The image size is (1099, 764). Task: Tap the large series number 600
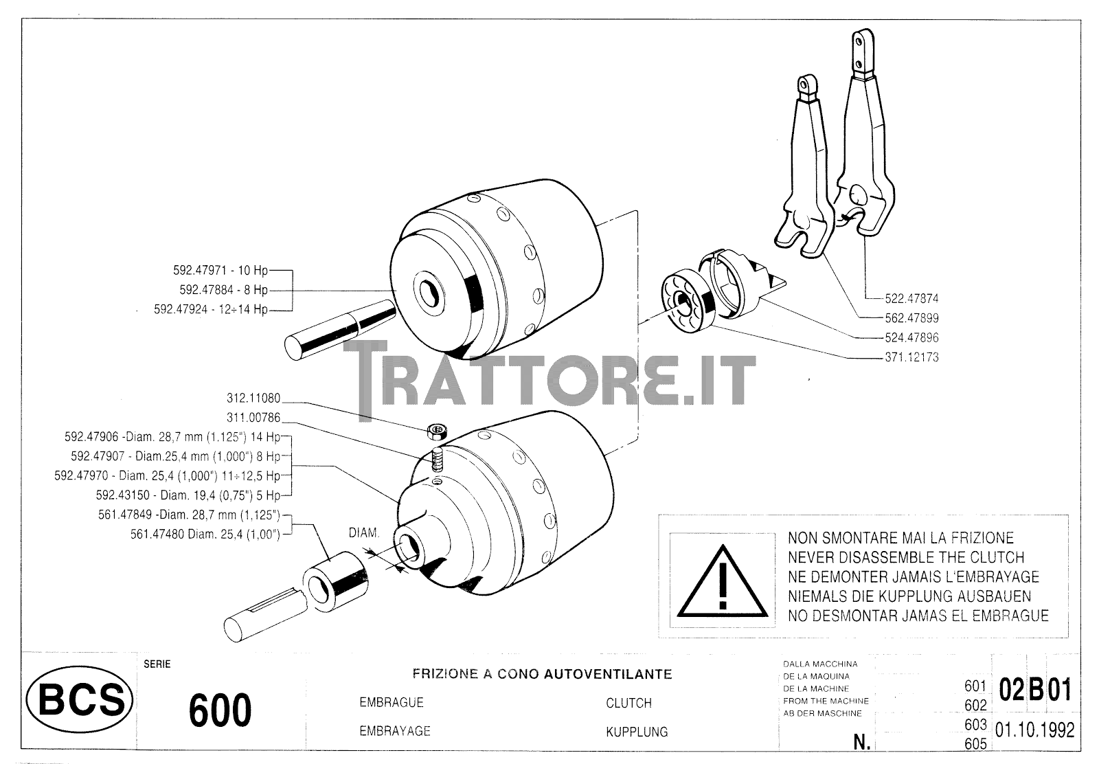[220, 710]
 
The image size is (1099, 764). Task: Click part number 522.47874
[911, 298]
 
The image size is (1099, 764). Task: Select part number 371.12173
[911, 357]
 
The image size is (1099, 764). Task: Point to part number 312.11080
[253, 397]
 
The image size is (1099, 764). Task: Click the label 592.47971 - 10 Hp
[220, 271]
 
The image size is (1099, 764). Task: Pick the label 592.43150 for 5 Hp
[188, 495]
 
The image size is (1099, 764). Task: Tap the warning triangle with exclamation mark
[722, 581]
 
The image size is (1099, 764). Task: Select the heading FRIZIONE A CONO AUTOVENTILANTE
[542, 674]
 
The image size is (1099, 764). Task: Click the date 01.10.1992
[1034, 730]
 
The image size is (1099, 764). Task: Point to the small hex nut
[437, 431]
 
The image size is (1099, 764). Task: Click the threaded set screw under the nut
[437, 461]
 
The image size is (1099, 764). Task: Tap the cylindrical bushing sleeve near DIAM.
[335, 581]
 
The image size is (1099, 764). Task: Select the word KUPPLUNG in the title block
[637, 732]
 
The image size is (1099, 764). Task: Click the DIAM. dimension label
[363, 533]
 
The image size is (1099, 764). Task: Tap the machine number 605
[975, 744]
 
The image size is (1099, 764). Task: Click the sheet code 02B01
[1036, 689]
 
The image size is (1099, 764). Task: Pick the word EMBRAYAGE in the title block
[395, 731]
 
